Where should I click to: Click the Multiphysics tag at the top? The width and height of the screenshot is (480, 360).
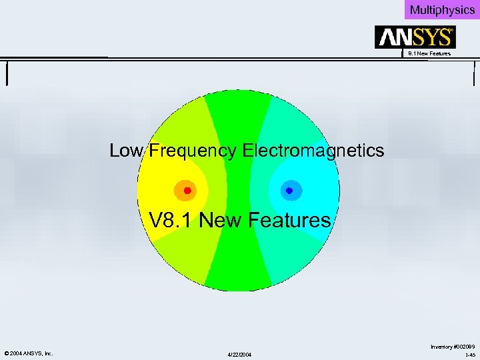(442, 9)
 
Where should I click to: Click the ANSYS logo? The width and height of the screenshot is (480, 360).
(416, 37)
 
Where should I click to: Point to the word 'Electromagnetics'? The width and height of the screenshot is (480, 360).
(313, 151)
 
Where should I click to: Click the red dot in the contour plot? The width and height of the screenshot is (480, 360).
(187, 191)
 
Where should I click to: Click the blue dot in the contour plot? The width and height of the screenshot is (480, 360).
(289, 191)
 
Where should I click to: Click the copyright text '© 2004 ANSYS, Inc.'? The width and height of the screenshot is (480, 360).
(29, 353)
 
